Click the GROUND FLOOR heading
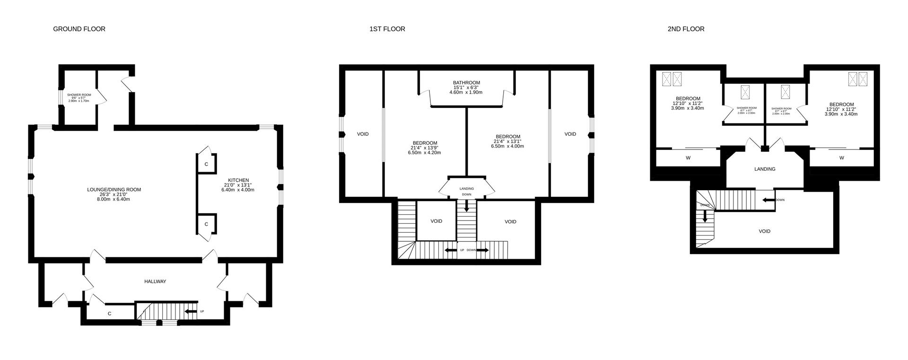(79, 29)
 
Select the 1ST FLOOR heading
(387, 29)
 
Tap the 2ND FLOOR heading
(686, 29)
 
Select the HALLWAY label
(155, 281)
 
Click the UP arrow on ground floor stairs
(191, 311)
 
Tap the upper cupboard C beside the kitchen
(206, 164)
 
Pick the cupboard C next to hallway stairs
(110, 314)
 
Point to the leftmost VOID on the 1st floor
(363, 134)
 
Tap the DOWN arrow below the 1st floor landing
(467, 206)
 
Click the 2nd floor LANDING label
(764, 169)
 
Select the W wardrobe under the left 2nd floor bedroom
(688, 158)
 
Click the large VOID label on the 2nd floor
(764, 231)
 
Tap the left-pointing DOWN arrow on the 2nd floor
(768, 200)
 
